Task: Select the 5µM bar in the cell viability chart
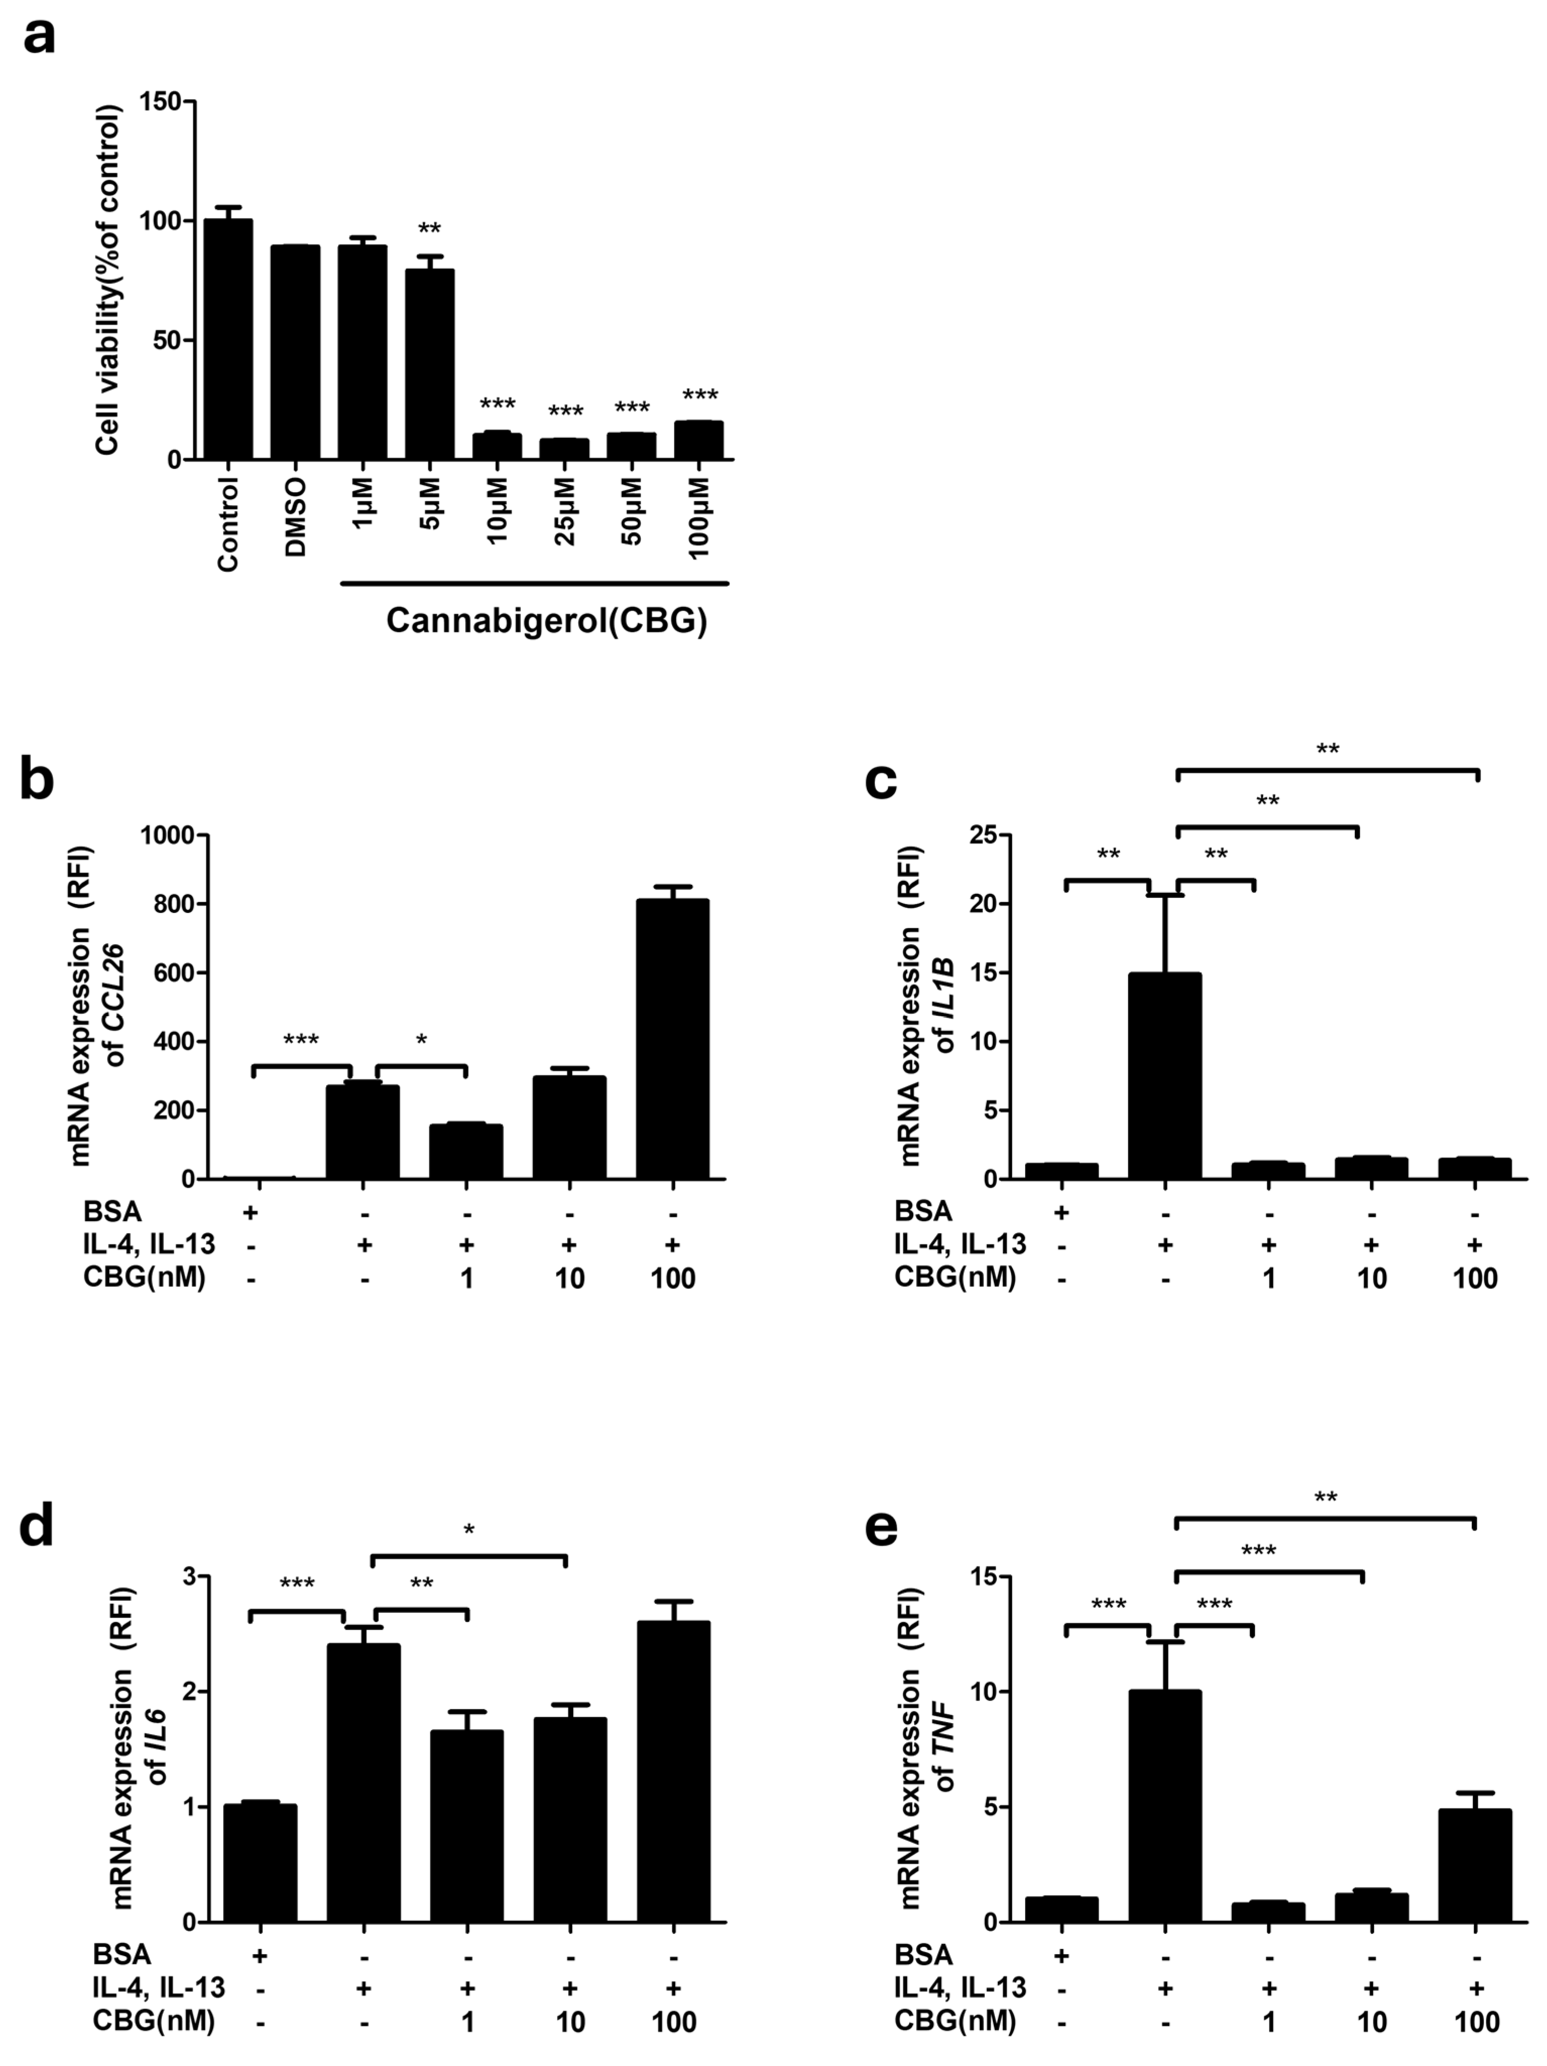(x=430, y=364)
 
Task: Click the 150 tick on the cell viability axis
(x=161, y=101)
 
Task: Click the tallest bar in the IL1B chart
(x=1165, y=1075)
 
